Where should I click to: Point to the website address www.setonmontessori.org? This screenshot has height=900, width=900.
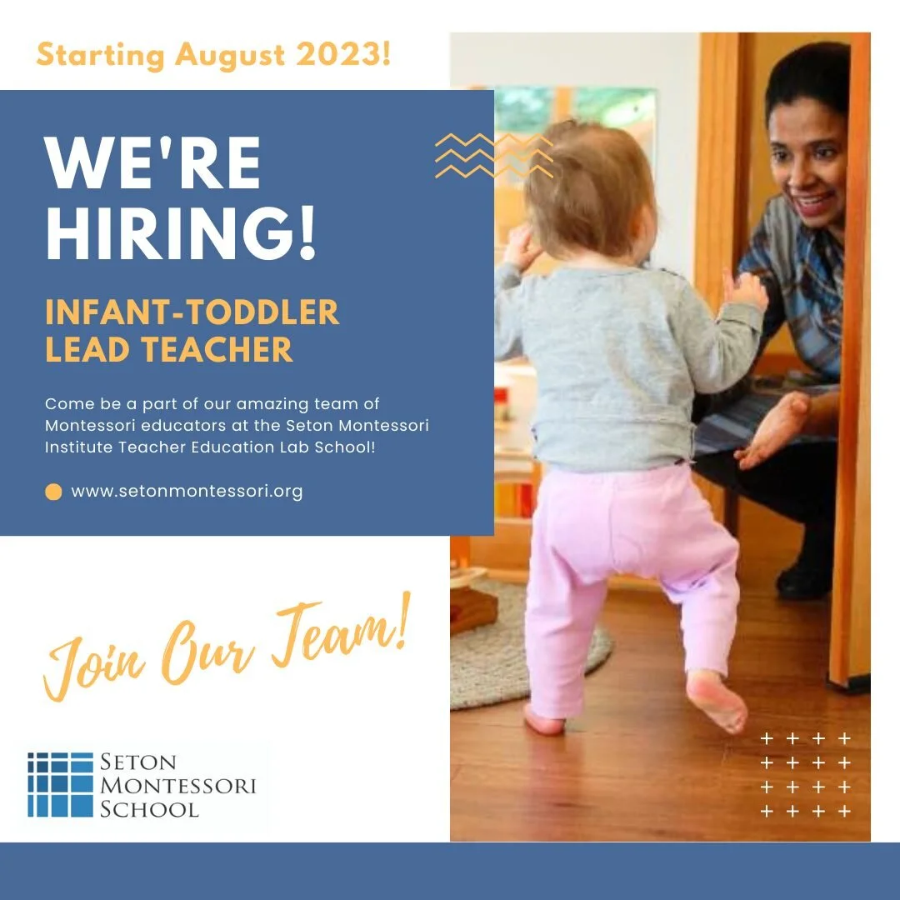(187, 492)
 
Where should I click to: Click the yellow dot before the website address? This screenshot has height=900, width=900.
(53, 492)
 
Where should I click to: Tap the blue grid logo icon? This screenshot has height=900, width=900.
(60, 784)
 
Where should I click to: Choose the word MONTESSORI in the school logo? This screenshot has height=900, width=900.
(177, 785)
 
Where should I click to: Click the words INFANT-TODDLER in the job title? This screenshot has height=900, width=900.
(192, 312)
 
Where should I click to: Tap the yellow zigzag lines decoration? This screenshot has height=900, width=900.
(494, 156)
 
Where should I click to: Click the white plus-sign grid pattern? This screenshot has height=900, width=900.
(806, 775)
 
